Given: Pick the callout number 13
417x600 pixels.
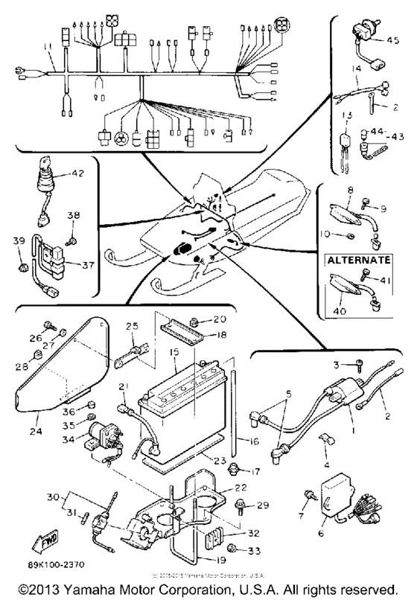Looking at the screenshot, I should [x=346, y=115].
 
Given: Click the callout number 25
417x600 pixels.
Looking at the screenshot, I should [x=133, y=327].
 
